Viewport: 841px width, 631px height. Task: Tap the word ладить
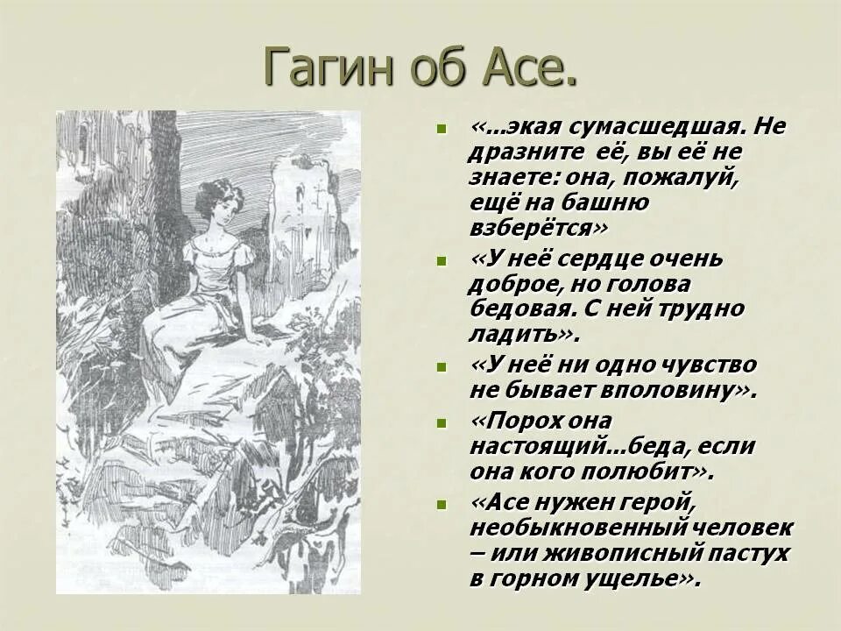click(518, 334)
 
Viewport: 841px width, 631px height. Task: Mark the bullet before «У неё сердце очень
click(441, 261)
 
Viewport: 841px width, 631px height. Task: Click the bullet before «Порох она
click(441, 422)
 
